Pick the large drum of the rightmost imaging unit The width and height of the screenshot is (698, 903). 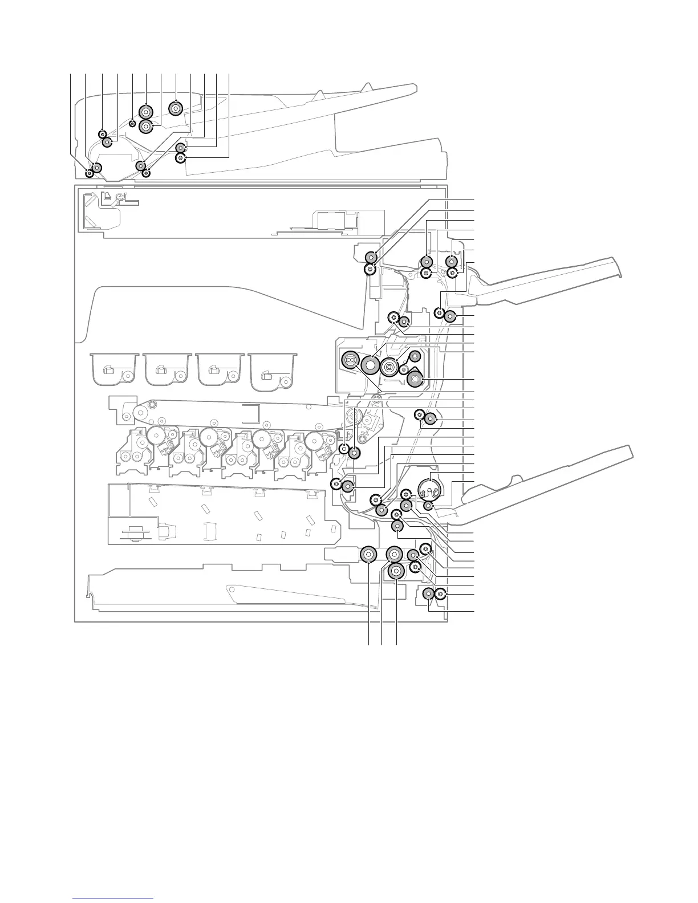(x=313, y=440)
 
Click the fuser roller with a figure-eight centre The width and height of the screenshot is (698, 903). (x=350, y=360)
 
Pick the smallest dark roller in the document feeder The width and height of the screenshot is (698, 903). (x=132, y=123)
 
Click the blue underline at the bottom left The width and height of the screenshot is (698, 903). (x=113, y=898)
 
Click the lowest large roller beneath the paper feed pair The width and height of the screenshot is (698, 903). (x=396, y=570)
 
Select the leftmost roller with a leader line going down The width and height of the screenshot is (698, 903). (x=368, y=554)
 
